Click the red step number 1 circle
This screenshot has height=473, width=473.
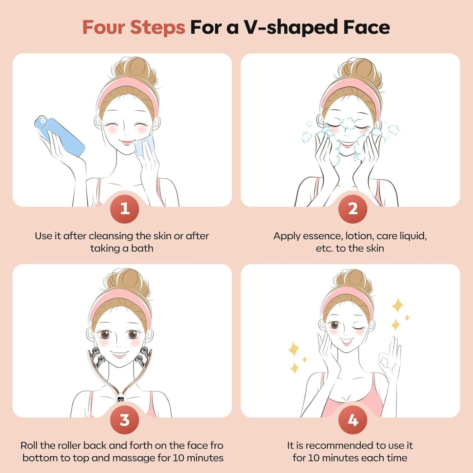[124, 209]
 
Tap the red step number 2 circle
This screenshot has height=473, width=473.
[353, 209]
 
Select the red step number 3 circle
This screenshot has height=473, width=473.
[124, 420]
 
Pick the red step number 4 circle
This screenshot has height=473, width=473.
[353, 420]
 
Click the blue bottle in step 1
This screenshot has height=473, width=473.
[60, 136]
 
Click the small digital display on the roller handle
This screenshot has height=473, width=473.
[120, 399]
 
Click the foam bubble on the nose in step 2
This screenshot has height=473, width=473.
[347, 124]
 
